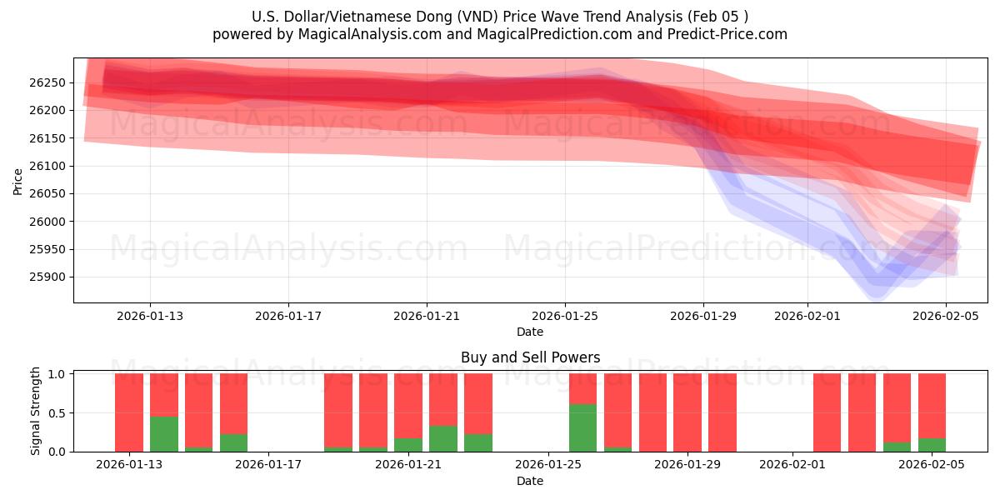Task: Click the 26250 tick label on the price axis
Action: [x=51, y=82]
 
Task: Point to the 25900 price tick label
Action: [x=51, y=277]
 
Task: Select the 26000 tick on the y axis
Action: [x=51, y=222]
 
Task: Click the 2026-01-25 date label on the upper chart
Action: [x=565, y=316]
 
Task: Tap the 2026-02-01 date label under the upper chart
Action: [x=807, y=316]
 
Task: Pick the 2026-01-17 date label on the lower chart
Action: [x=269, y=465]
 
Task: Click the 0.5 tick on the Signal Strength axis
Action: [x=59, y=413]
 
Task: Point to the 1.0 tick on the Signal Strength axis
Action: [x=59, y=374]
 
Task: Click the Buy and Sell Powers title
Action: [x=530, y=357]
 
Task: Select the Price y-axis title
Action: [x=18, y=181]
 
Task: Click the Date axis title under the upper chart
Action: [x=530, y=332]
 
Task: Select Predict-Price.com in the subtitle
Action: [x=729, y=34]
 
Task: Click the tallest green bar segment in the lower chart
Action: [x=582, y=427]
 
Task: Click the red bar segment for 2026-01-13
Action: [x=129, y=412]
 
